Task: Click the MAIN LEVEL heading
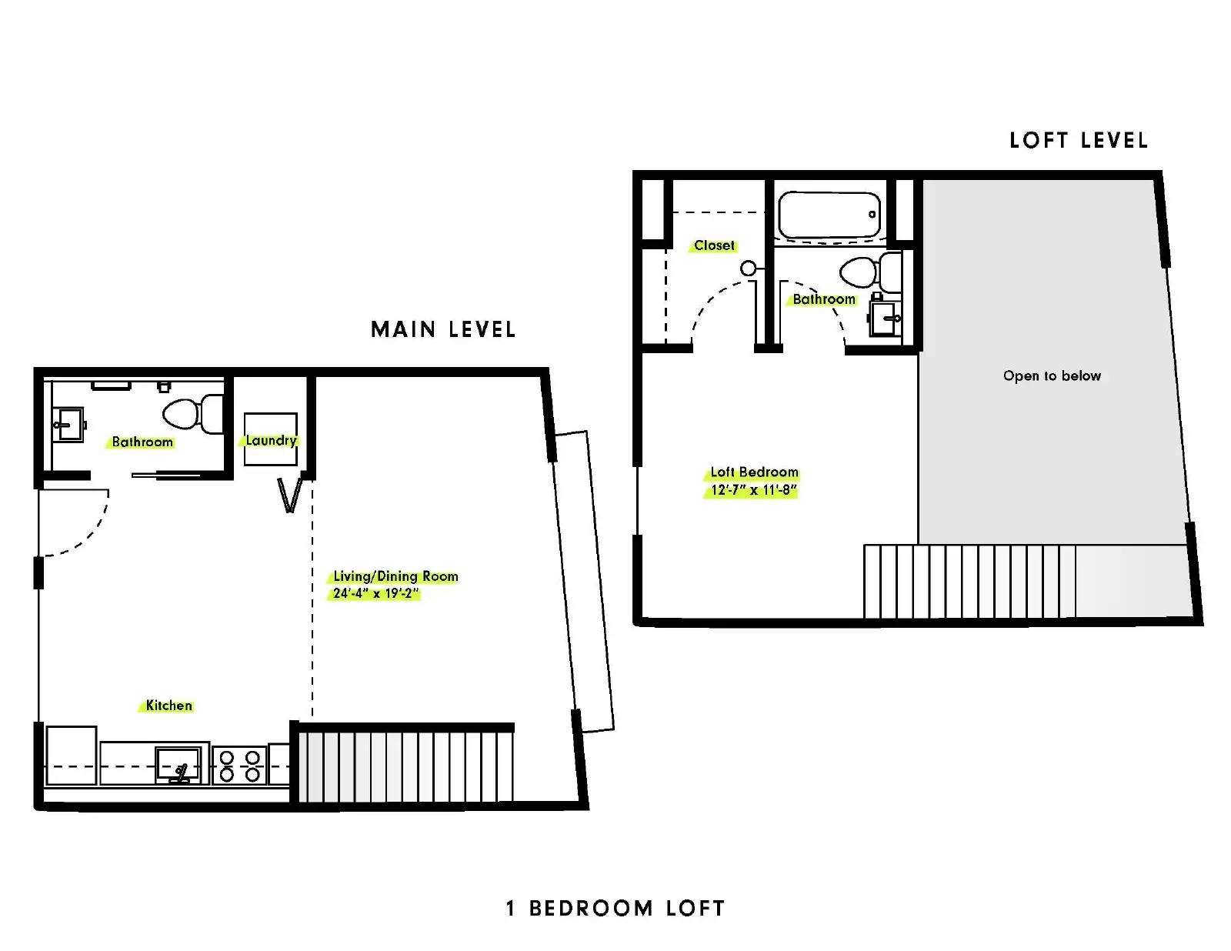(443, 329)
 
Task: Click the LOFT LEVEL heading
(1079, 141)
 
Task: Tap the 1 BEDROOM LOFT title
(615, 908)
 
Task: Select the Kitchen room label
(168, 706)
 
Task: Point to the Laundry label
(271, 440)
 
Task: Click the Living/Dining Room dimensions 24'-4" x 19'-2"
(375, 593)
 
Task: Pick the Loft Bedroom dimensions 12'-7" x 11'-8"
(753, 489)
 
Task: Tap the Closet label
(714, 245)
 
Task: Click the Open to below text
(1052, 375)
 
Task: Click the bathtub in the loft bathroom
(829, 215)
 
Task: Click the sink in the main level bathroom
(68, 424)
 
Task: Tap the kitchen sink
(178, 766)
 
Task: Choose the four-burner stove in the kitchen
(239, 766)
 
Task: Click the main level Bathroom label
(142, 442)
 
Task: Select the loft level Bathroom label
(824, 299)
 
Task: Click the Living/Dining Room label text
(395, 576)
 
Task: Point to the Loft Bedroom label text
(754, 472)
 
